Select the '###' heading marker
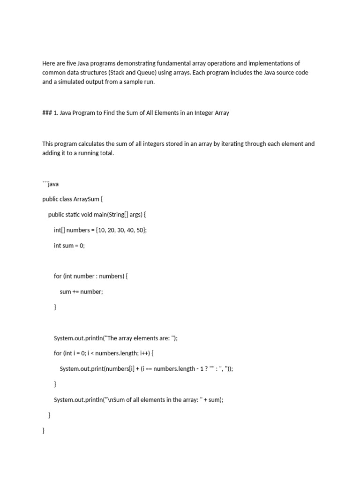tap(48, 113)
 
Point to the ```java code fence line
tap(50, 184)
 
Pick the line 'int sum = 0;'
tap(69, 246)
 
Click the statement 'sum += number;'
tap(81, 292)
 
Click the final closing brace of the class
tap(44, 431)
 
